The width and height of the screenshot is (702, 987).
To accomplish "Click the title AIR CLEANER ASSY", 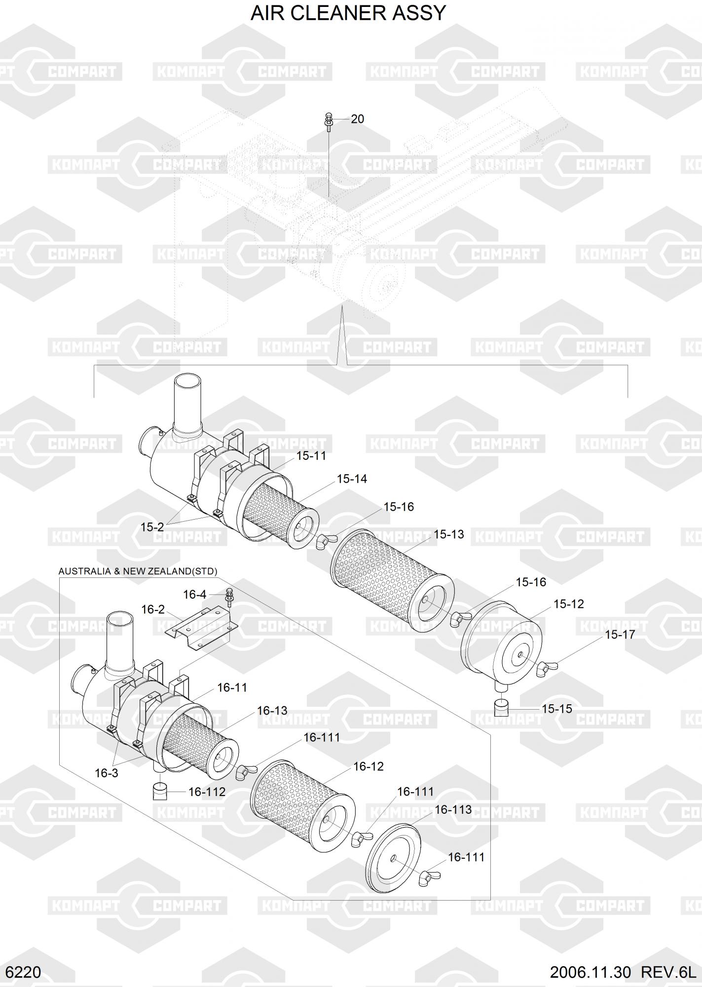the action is point(348,13).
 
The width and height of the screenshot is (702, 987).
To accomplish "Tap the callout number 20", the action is point(357,119).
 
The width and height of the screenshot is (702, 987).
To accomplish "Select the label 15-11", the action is point(311,456).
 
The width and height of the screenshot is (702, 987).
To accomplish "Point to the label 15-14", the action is point(352,479).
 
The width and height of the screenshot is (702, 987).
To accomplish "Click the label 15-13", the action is point(448,534).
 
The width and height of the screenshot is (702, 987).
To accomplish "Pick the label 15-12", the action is point(568,604).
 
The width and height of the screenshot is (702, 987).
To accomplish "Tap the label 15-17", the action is point(620,635).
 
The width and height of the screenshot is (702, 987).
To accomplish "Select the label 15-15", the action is point(557,709).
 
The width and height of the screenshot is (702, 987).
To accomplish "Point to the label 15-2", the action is point(152,527).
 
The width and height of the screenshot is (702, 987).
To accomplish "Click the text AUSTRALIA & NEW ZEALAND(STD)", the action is point(138,571).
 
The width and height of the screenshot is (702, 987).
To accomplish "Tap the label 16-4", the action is point(194,595).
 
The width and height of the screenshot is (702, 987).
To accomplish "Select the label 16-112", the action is point(207,792).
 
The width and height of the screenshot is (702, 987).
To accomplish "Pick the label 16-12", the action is point(369,766).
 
